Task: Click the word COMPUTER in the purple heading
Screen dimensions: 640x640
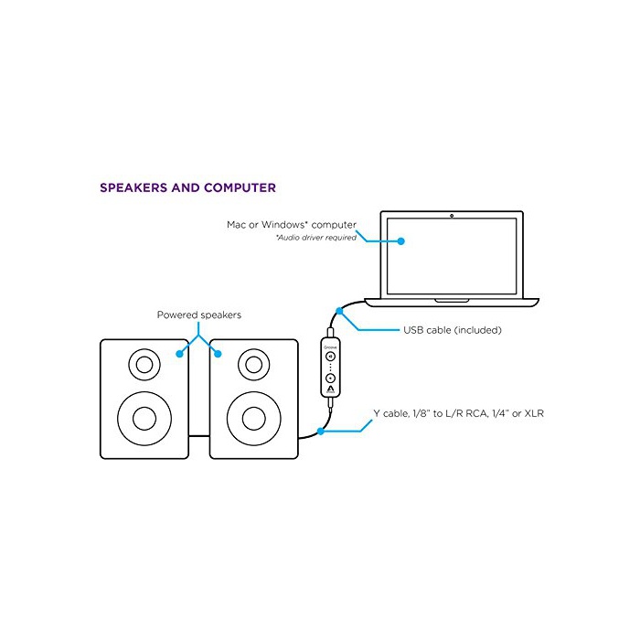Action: click(x=240, y=188)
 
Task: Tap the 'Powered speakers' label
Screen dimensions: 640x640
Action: click(x=198, y=315)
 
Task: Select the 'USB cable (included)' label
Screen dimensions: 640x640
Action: click(x=453, y=330)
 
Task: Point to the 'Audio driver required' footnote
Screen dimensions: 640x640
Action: click(x=316, y=238)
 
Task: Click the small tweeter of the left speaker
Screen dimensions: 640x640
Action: click(x=144, y=365)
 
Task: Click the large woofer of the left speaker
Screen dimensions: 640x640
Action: click(x=144, y=419)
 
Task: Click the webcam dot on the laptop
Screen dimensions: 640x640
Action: click(x=453, y=217)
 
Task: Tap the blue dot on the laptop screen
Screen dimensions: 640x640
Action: click(x=400, y=240)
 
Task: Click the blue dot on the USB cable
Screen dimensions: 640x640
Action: click(x=340, y=311)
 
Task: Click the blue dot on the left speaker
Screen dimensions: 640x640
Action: click(x=179, y=353)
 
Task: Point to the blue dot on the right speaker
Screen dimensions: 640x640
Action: click(x=218, y=353)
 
